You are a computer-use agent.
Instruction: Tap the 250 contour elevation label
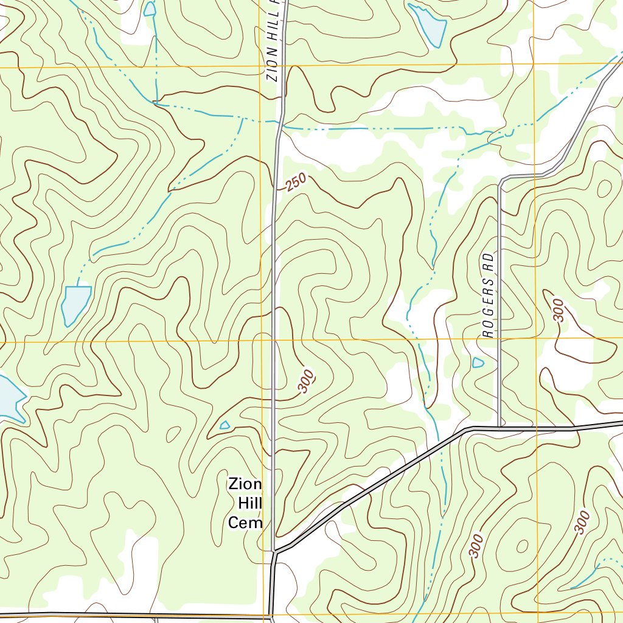[x=296, y=183]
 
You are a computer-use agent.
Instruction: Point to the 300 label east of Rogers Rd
[x=558, y=310]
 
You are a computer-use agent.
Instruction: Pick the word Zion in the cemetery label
[x=245, y=485]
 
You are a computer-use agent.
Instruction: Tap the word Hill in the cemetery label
[x=249, y=504]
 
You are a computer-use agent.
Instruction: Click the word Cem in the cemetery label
[x=245, y=523]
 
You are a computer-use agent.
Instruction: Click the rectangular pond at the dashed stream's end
[x=75, y=303]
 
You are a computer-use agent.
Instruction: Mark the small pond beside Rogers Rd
[x=478, y=363]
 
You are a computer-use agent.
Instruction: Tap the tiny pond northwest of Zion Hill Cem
[x=224, y=425]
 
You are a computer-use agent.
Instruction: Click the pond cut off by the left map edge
[x=9, y=398]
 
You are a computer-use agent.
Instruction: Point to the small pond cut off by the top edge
[x=150, y=8]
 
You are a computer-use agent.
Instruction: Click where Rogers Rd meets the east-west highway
[x=499, y=428]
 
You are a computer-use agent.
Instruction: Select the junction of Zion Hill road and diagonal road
[x=274, y=552]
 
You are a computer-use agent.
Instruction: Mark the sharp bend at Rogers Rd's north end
[x=501, y=181]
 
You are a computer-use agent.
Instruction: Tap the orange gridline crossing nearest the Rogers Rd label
[x=536, y=337]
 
